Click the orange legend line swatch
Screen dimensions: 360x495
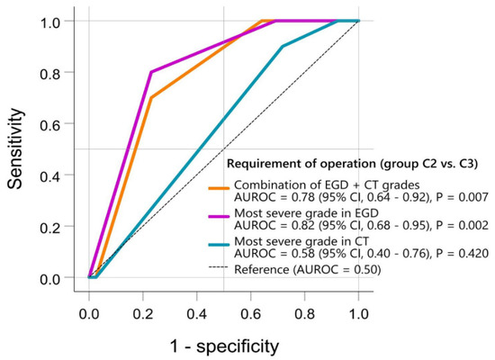218,187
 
